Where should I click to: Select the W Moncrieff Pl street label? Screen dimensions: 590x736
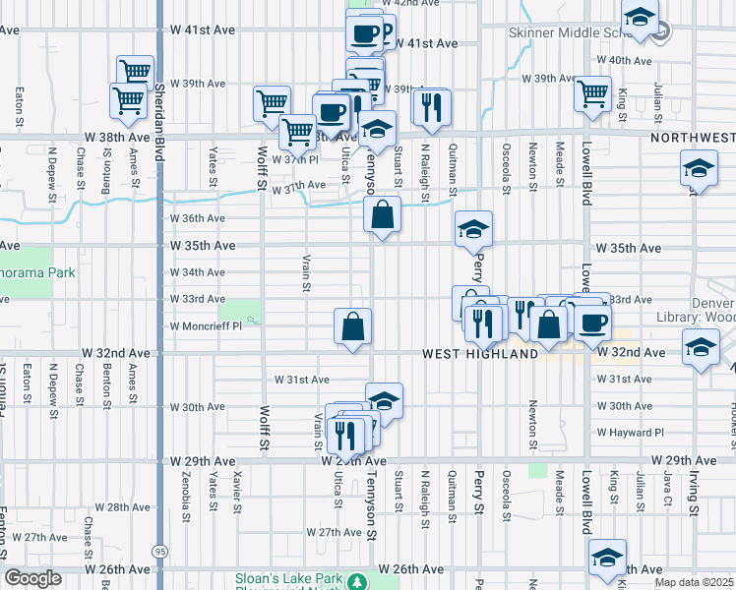[x=206, y=325]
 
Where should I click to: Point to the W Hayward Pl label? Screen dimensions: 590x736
[x=630, y=432]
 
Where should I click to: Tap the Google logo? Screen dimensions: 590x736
[x=33, y=579]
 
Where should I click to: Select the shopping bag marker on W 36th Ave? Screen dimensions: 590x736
[x=382, y=214]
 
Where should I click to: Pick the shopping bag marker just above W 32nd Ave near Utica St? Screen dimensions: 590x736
[x=352, y=325]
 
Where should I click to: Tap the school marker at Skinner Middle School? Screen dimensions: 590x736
[x=640, y=19]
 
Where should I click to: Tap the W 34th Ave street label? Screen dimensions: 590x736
[x=198, y=272]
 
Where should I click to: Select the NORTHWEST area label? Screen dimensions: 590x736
[x=693, y=140]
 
